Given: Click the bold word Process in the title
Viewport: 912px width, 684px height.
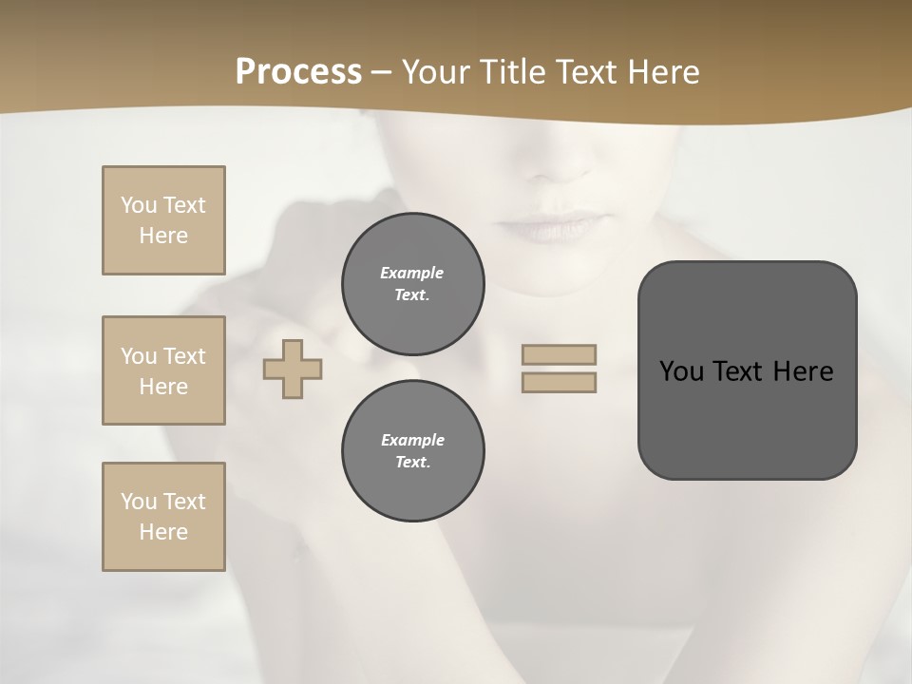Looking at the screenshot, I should pyautogui.click(x=298, y=72).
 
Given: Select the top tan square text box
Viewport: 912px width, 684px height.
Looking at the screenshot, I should pyautogui.click(x=163, y=220).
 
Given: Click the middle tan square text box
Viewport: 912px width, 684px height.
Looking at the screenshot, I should pyautogui.click(x=163, y=370).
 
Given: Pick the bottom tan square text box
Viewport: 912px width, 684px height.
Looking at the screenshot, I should pyautogui.click(x=163, y=517).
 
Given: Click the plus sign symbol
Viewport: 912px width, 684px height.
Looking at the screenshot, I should pyautogui.click(x=293, y=369).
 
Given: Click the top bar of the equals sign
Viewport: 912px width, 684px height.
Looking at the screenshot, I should pyautogui.click(x=559, y=354).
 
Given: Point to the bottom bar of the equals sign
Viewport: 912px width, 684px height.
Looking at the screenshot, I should pyautogui.click(x=559, y=382).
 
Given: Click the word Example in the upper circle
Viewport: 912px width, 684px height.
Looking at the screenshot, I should pyautogui.click(x=412, y=273).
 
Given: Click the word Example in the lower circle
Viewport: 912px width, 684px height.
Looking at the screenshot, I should pyautogui.click(x=412, y=440).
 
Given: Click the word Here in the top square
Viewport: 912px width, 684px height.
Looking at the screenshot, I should pyautogui.click(x=163, y=236).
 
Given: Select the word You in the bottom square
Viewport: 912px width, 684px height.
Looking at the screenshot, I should pyautogui.click(x=139, y=502).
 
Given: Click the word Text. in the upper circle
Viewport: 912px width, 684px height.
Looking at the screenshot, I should pyautogui.click(x=412, y=294).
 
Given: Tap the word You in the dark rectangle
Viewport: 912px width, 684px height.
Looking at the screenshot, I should pyautogui.click(x=681, y=371).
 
